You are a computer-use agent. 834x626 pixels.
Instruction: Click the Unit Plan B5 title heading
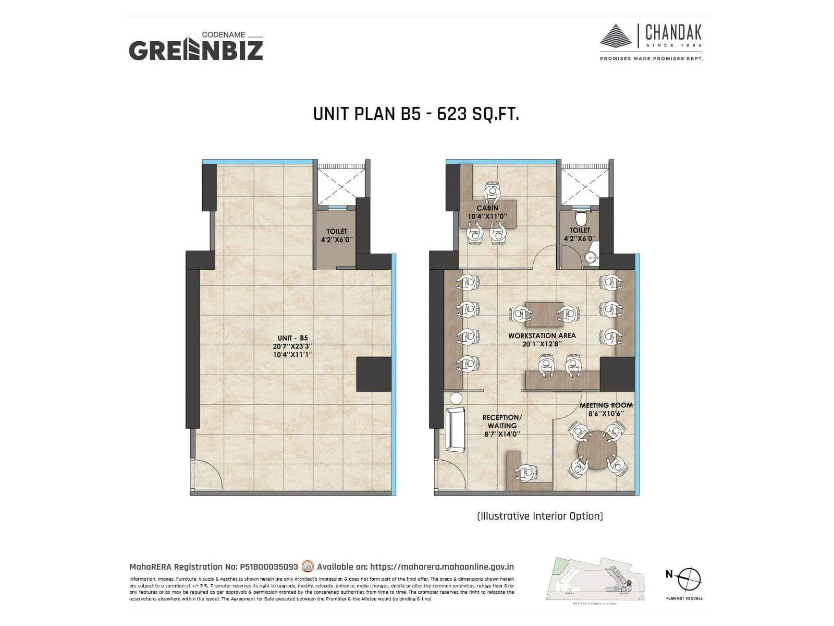(x=416, y=114)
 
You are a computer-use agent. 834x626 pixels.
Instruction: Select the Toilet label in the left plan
(x=337, y=235)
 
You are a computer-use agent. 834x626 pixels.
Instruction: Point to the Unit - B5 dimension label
(x=292, y=346)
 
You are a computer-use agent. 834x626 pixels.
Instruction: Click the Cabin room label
(x=487, y=212)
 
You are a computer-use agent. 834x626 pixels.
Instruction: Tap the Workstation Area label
(x=542, y=340)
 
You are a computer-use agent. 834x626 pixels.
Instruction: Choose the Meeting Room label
(x=606, y=409)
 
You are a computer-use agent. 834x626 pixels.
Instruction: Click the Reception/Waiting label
(x=502, y=425)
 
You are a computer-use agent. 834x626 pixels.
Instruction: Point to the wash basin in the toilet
(x=590, y=257)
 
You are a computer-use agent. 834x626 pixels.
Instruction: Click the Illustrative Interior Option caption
(x=540, y=516)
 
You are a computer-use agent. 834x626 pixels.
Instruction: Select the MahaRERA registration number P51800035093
(x=268, y=567)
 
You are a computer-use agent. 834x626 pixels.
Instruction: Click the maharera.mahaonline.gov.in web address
(x=441, y=567)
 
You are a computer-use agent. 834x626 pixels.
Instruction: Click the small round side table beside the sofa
(x=456, y=399)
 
